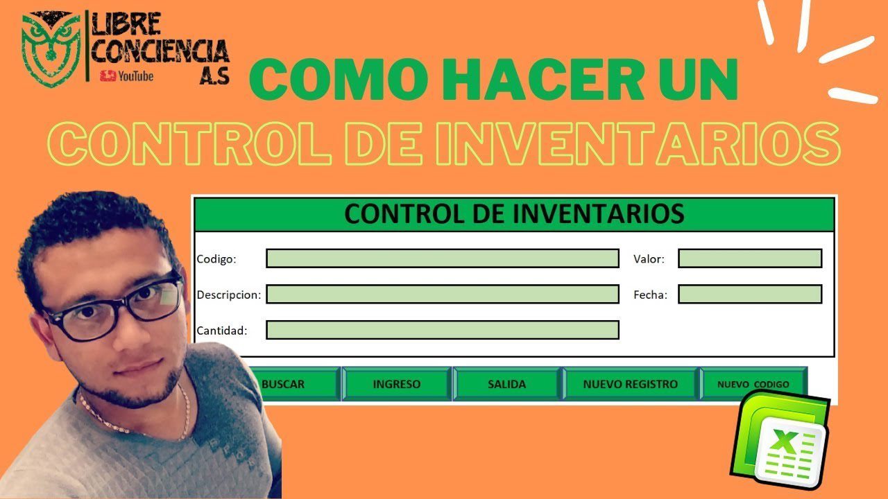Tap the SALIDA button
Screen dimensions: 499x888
pyautogui.click(x=506, y=384)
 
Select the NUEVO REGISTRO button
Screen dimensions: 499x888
pyautogui.click(x=630, y=384)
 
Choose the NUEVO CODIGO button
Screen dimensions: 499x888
pyautogui.click(x=753, y=384)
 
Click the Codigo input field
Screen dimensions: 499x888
pyautogui.click(x=443, y=259)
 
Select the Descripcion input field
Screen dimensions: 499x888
pyautogui.click(x=443, y=295)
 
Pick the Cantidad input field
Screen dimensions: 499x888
pyautogui.click(x=443, y=331)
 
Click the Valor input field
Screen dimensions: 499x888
pyautogui.click(x=750, y=259)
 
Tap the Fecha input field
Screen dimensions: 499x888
pyautogui.click(x=750, y=295)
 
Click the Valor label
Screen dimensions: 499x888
pyautogui.click(x=649, y=259)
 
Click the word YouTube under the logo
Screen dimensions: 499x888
pyautogui.click(x=135, y=76)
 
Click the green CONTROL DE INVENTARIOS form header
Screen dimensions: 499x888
pyautogui.click(x=514, y=213)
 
